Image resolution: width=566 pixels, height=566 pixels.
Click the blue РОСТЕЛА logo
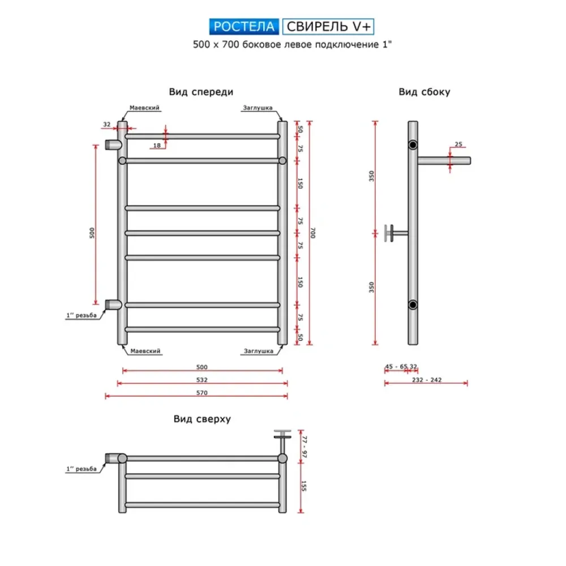(x=244, y=27)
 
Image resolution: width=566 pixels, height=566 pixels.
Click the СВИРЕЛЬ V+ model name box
(x=328, y=27)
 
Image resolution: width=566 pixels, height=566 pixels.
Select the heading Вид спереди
(x=201, y=92)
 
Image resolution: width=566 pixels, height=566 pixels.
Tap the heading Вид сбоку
(x=424, y=92)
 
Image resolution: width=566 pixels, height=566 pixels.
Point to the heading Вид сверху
(x=202, y=419)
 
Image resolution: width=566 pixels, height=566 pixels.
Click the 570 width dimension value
(x=202, y=393)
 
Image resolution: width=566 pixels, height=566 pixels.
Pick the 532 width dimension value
(x=202, y=380)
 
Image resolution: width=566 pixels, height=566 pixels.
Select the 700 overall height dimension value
(x=313, y=233)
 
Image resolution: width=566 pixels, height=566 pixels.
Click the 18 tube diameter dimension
(x=157, y=145)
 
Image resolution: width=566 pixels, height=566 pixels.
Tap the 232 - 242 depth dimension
(x=427, y=380)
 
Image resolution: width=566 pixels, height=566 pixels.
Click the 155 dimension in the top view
(x=303, y=486)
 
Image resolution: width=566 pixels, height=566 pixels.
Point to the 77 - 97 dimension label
(x=305, y=447)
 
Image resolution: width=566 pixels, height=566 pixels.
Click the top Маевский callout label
(x=144, y=108)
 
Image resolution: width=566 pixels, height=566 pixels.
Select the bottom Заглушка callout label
(x=259, y=351)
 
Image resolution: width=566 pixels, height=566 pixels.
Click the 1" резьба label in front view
(x=81, y=315)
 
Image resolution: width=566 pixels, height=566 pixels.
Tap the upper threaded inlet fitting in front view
(x=113, y=145)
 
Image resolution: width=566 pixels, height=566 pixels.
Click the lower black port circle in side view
(x=413, y=305)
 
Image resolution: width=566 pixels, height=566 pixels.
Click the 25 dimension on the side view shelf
(x=458, y=144)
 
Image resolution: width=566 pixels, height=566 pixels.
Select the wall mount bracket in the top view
(x=282, y=440)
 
